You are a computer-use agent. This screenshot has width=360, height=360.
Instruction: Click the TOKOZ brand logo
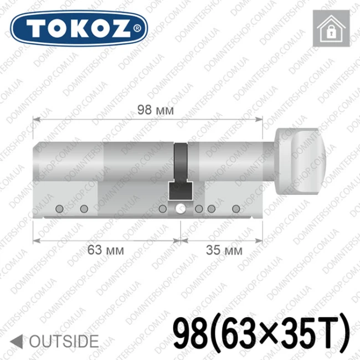pos(79,28)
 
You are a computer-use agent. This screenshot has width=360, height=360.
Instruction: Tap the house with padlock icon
pos(331,28)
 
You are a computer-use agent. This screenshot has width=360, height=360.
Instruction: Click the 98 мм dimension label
pos(156,110)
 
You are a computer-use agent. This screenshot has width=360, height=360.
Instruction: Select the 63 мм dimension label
pos(106,250)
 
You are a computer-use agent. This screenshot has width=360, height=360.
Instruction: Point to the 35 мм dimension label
pos(224,250)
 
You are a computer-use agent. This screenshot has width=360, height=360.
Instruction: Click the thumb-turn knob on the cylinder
pos(300,162)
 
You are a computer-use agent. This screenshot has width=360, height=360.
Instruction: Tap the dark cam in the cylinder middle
pos(181,171)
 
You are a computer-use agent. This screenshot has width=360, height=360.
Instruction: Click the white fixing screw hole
pos(181,209)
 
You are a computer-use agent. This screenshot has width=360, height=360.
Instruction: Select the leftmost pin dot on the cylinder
pos(59,209)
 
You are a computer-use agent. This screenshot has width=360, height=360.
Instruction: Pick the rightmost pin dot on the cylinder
pos(236,209)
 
